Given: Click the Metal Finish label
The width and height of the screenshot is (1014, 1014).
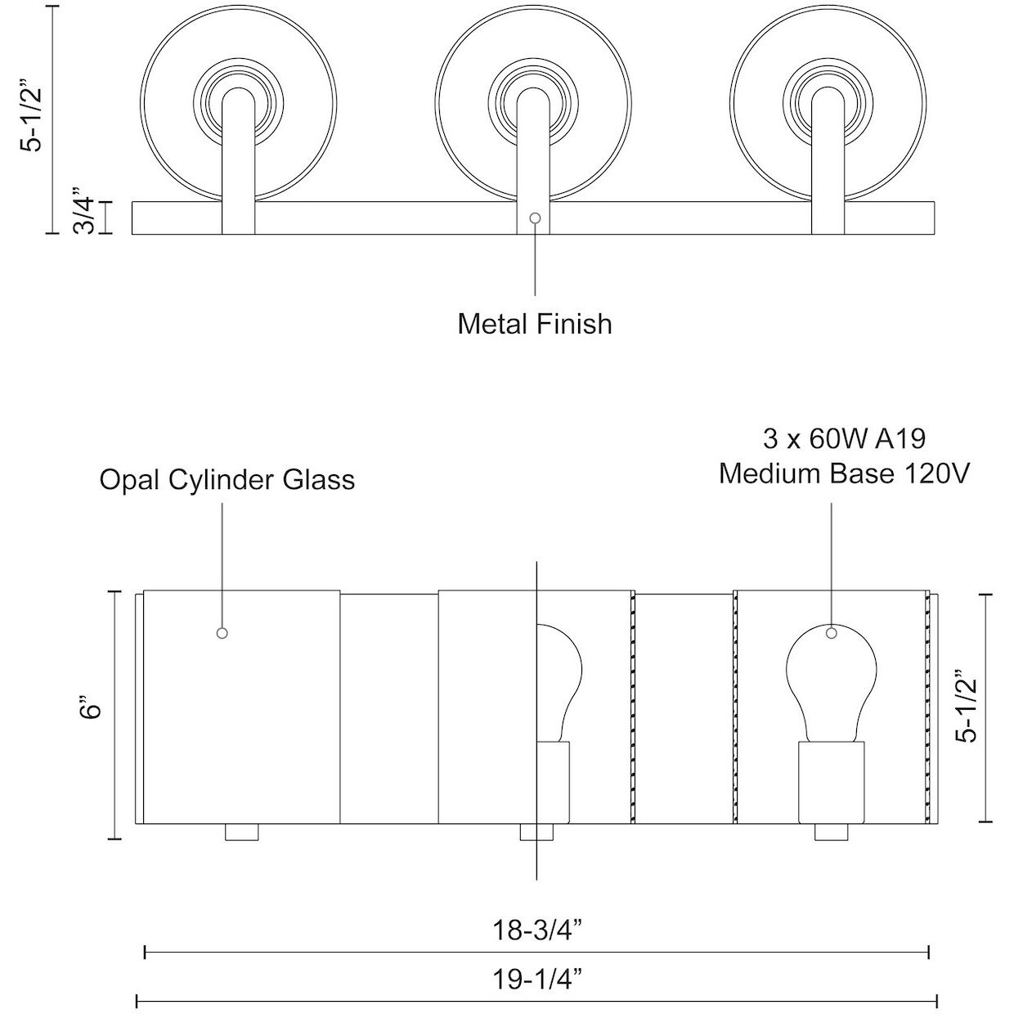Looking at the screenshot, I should click(534, 324).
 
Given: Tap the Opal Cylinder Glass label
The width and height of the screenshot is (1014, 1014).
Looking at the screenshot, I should click(227, 479).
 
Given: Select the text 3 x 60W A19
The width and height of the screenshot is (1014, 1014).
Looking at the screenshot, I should click(844, 439).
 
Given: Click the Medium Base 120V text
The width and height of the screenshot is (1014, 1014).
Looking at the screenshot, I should click(844, 473).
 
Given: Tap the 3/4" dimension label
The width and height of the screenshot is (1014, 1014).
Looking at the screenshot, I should click(87, 215).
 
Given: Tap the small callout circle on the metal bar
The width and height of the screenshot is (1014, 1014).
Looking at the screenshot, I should click(535, 218).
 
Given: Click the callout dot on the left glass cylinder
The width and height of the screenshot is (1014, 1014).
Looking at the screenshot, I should click(222, 633).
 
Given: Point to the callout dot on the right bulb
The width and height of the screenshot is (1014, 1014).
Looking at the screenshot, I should click(832, 632).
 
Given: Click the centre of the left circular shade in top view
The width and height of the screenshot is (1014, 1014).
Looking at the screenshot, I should click(238, 102).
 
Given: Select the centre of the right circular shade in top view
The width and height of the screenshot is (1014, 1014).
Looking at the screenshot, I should click(828, 102).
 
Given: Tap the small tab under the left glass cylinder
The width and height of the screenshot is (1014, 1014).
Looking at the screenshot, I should click(241, 832).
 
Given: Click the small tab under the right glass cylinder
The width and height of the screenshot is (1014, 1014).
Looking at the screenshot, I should click(830, 832).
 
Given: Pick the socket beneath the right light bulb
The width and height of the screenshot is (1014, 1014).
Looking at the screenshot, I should click(831, 780).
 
